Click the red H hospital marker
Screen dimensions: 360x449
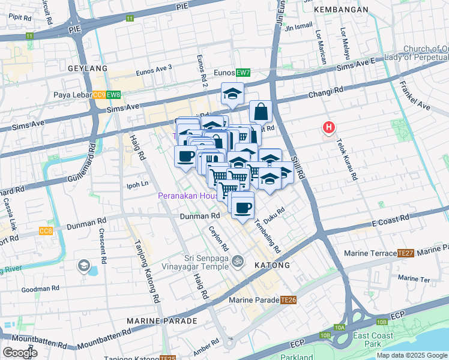[x=329, y=127]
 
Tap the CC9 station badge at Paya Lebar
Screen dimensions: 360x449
[x=99, y=95]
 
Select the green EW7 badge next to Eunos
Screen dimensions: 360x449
[x=243, y=73]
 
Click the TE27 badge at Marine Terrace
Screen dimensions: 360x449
[x=405, y=253]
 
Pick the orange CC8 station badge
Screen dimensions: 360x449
[x=46, y=231]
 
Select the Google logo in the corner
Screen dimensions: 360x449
[x=20, y=353]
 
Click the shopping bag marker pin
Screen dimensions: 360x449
[x=261, y=112]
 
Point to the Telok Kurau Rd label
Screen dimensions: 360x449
[x=348, y=161]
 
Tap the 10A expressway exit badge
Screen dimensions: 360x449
[x=340, y=327]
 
